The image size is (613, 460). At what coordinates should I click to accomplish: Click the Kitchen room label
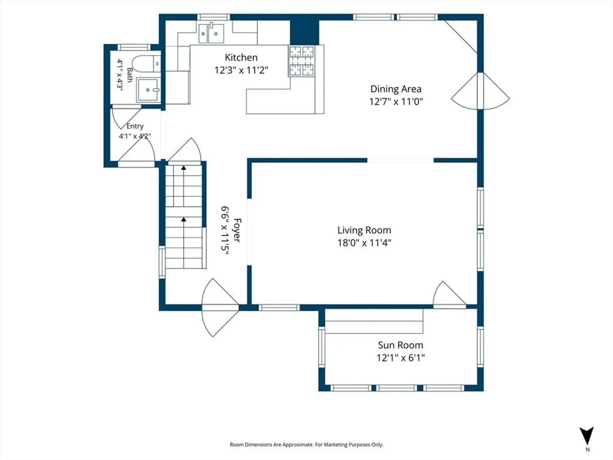point(241,57)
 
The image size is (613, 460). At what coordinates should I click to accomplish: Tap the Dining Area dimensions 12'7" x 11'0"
point(396,101)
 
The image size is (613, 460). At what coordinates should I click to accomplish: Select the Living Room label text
point(364,230)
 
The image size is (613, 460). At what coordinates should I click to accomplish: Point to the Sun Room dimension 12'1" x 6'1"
point(401,358)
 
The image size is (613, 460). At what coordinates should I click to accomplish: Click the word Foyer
point(237,230)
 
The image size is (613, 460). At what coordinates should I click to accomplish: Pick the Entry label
point(135,126)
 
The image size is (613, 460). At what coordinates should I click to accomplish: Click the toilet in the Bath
point(146,63)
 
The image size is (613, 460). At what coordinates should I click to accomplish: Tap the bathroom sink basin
point(148,90)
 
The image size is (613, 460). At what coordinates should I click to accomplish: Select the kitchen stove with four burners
point(302,61)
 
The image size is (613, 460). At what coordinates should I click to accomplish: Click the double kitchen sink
point(211,33)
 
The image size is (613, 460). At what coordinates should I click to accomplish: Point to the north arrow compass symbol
point(587,435)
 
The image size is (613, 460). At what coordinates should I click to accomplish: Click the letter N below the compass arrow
point(587,449)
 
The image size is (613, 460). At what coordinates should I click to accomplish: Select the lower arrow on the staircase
point(183,242)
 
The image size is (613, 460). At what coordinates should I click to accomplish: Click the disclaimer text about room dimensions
point(306,444)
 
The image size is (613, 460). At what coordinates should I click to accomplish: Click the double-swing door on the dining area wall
point(480,91)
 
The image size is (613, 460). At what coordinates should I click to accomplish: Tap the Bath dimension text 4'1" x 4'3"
point(120,75)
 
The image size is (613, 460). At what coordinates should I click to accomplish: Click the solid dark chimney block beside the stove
point(304,32)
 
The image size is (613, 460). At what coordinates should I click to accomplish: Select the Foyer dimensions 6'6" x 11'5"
point(225,230)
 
